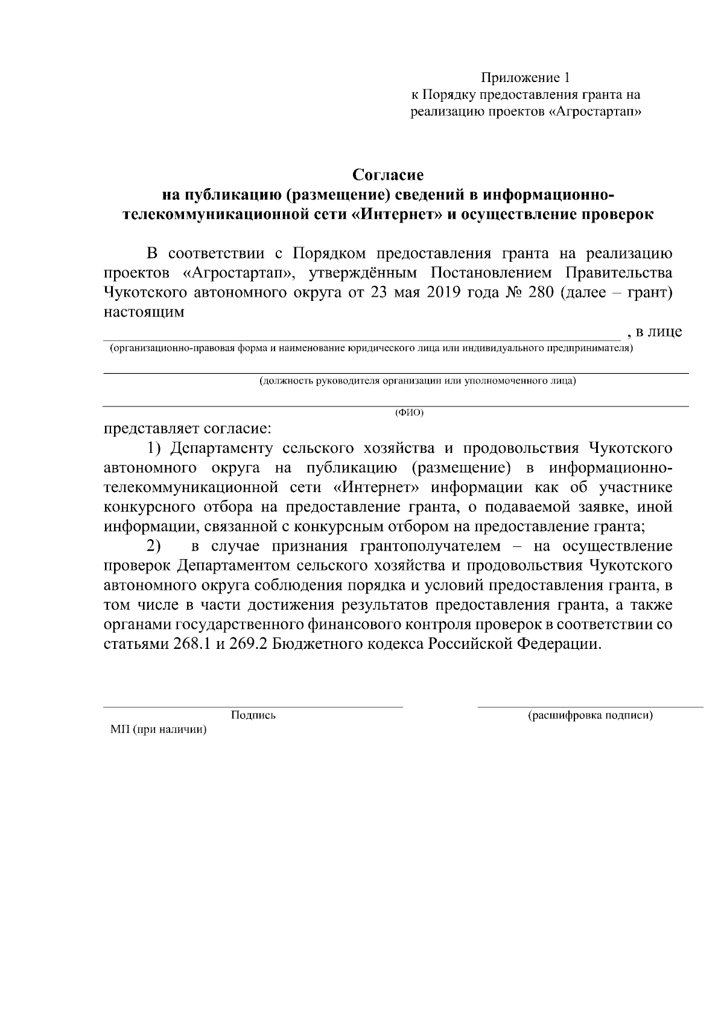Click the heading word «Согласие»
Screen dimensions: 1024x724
point(388,175)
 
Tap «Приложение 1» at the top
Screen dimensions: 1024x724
point(525,78)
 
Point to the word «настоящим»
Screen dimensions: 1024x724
point(144,312)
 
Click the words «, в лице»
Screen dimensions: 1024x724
point(655,332)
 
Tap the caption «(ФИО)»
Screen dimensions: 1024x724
point(409,412)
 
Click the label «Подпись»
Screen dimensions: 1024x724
point(253,715)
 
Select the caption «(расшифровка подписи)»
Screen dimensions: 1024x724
point(591,715)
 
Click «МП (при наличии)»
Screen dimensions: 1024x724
point(159,730)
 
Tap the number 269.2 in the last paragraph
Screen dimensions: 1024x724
point(248,644)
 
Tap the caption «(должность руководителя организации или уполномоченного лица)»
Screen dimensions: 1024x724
point(418,381)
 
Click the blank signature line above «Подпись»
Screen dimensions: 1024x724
point(253,706)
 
